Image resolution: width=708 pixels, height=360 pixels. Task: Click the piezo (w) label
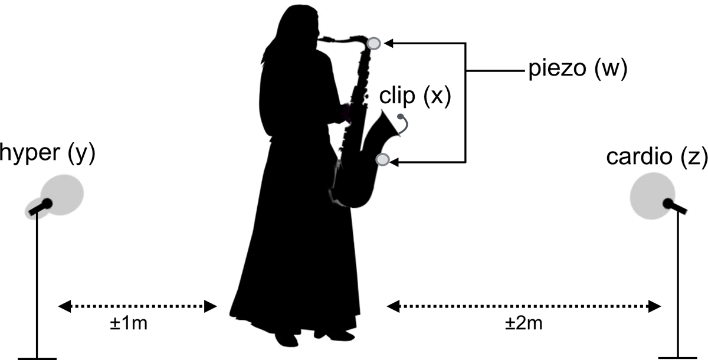[x=578, y=68]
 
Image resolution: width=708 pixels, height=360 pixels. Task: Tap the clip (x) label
[x=415, y=96]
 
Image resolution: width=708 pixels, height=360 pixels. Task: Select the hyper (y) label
[x=47, y=153]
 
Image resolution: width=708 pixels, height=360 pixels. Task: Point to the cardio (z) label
[x=657, y=157]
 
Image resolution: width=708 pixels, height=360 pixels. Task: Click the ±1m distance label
[x=129, y=323]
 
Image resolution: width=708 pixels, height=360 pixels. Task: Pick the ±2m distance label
[x=523, y=323]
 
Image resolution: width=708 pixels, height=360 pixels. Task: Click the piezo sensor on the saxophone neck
[x=374, y=43]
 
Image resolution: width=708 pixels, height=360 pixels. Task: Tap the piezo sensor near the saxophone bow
[x=383, y=159]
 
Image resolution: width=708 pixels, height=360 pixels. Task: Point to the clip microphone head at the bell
[x=401, y=117]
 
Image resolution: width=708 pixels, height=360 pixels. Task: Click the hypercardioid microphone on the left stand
[x=41, y=207]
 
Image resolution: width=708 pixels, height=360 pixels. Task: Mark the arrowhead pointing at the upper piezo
[x=388, y=43]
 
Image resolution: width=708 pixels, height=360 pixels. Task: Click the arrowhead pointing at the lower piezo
[x=394, y=162]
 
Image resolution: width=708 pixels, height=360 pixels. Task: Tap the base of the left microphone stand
[x=37, y=359]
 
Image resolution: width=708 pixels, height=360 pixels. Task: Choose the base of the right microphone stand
[x=678, y=358]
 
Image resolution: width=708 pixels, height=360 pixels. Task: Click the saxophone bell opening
[x=391, y=123]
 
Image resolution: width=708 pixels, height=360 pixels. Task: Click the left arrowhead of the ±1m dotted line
[x=64, y=306]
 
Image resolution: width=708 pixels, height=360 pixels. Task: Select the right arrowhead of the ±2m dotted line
[x=654, y=306]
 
